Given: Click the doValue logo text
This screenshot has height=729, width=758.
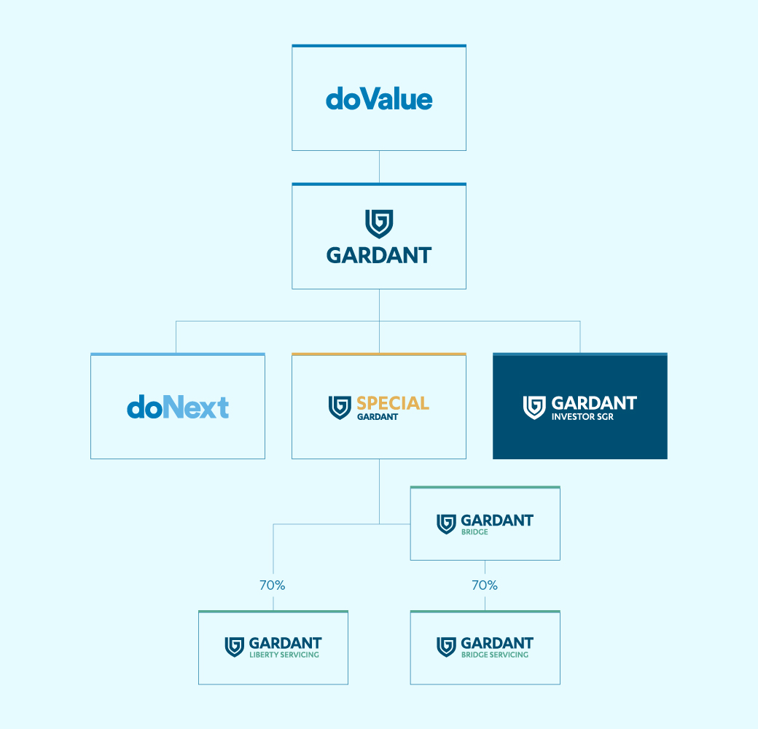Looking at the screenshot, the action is click(x=379, y=99).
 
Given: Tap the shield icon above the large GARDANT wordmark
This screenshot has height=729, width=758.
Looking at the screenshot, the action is click(x=379, y=223).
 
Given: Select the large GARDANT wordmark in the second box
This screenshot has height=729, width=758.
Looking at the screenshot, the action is click(x=379, y=255).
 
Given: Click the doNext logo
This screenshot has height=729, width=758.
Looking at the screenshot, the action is click(x=178, y=407).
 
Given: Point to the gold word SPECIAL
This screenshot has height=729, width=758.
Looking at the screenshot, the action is click(x=393, y=402).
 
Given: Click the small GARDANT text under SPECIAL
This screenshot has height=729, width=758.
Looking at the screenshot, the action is click(x=378, y=417).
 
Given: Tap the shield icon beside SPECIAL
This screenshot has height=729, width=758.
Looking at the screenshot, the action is click(x=340, y=408).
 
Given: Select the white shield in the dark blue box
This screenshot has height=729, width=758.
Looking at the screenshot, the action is click(x=534, y=408).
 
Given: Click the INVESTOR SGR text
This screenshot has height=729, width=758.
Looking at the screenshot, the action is click(x=582, y=417).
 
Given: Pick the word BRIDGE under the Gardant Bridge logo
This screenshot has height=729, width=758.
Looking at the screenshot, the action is click(x=474, y=531).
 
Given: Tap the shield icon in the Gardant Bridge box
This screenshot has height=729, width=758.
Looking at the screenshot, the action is click(x=446, y=524).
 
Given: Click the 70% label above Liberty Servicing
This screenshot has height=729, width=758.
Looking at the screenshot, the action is click(x=272, y=585).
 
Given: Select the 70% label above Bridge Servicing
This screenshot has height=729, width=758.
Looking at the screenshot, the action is click(x=485, y=585).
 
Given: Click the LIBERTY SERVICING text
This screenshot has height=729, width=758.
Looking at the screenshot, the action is click(x=284, y=655).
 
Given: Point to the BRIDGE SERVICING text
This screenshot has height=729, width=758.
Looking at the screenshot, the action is click(x=495, y=655).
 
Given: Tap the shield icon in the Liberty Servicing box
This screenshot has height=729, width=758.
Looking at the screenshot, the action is click(x=235, y=647).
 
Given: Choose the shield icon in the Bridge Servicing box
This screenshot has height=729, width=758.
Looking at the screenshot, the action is click(x=446, y=647).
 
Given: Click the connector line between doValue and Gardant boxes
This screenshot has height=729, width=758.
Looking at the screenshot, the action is click(x=379, y=167).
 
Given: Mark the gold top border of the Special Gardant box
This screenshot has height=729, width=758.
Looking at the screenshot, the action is click(x=379, y=354).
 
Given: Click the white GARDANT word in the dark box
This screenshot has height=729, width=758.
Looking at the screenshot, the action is click(x=594, y=402).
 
